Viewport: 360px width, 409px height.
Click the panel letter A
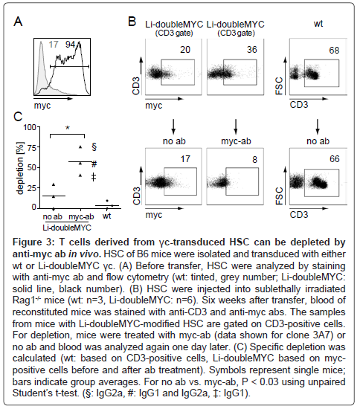(18, 22)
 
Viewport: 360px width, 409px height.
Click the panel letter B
(132, 22)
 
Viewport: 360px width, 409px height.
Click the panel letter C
(18, 117)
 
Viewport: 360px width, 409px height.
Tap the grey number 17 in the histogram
(54, 45)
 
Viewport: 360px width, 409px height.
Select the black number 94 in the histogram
(70, 45)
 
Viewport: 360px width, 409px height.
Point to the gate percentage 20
(185, 50)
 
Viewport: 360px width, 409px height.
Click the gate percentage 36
(252, 50)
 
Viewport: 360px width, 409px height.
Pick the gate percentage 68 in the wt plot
(334, 50)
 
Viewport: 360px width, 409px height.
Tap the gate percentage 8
(254, 159)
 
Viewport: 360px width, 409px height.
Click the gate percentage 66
(335, 159)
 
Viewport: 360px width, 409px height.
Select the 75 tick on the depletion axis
(31, 147)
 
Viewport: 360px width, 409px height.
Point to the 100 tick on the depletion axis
(30, 127)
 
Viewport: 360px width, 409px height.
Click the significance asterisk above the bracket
(68, 128)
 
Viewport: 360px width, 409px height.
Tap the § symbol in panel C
(94, 146)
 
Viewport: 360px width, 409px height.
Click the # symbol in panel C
(94, 164)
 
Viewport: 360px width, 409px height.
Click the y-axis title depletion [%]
(20, 168)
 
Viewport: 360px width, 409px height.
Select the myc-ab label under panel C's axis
(81, 216)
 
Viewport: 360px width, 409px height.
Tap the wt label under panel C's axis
(106, 216)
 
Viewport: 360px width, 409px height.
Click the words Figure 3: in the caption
(33, 242)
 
